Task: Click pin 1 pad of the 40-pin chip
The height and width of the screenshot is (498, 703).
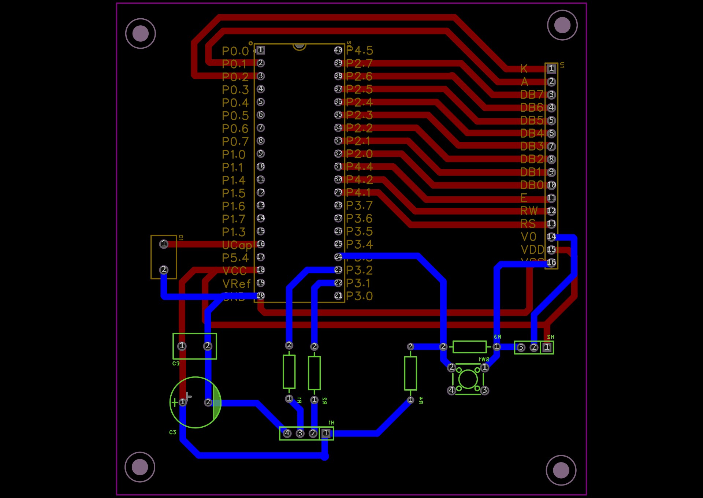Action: pyautogui.click(x=261, y=50)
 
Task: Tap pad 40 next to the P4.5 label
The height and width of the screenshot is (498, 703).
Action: pyautogui.click(x=338, y=50)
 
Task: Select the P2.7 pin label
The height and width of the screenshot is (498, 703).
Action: pyautogui.click(x=359, y=63)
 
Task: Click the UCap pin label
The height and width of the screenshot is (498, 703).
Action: pyautogui.click(x=237, y=245)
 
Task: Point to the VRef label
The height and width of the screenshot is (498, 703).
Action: pyautogui.click(x=237, y=284)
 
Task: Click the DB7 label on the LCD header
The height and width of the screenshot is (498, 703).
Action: pyautogui.click(x=532, y=94)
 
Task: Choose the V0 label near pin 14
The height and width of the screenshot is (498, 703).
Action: pyautogui.click(x=528, y=237)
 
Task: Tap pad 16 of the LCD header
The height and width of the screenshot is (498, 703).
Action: pyautogui.click(x=551, y=263)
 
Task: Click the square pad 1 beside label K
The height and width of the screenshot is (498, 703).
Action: pyautogui.click(x=551, y=68)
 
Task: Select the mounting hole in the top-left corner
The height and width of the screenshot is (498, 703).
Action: pyautogui.click(x=140, y=34)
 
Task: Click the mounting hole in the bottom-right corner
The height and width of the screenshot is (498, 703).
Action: pyautogui.click(x=561, y=470)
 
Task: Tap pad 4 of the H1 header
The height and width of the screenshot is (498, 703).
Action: pyautogui.click(x=287, y=433)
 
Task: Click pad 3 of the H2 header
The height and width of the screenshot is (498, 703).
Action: pyautogui.click(x=521, y=347)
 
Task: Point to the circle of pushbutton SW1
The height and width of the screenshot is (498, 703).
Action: pyautogui.click(x=468, y=379)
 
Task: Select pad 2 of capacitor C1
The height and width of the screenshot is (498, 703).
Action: pyautogui.click(x=164, y=270)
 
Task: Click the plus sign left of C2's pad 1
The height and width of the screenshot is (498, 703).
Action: pyautogui.click(x=175, y=402)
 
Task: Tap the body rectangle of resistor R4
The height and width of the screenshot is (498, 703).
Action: pyautogui.click(x=410, y=373)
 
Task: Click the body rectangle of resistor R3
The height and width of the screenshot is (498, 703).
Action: pyautogui.click(x=469, y=347)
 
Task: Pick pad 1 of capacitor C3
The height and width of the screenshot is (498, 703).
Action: pyautogui.click(x=182, y=346)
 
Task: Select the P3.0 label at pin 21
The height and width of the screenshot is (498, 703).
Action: pyautogui.click(x=359, y=296)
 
